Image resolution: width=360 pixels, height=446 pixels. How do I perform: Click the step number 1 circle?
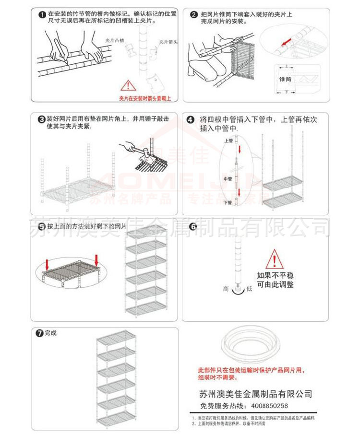[x=42, y=15]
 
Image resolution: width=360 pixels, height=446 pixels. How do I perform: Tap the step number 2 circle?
[x=193, y=15]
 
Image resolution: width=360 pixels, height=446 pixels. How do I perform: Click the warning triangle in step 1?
[x=128, y=86]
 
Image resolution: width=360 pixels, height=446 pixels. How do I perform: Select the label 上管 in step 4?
[x=228, y=141]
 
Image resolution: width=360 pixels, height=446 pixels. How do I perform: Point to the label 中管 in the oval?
[x=228, y=179]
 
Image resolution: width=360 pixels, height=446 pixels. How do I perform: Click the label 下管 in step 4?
[x=228, y=203]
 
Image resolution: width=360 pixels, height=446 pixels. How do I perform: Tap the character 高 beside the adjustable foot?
[x=226, y=289]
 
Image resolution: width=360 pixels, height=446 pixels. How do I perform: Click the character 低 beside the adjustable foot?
[x=249, y=289]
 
